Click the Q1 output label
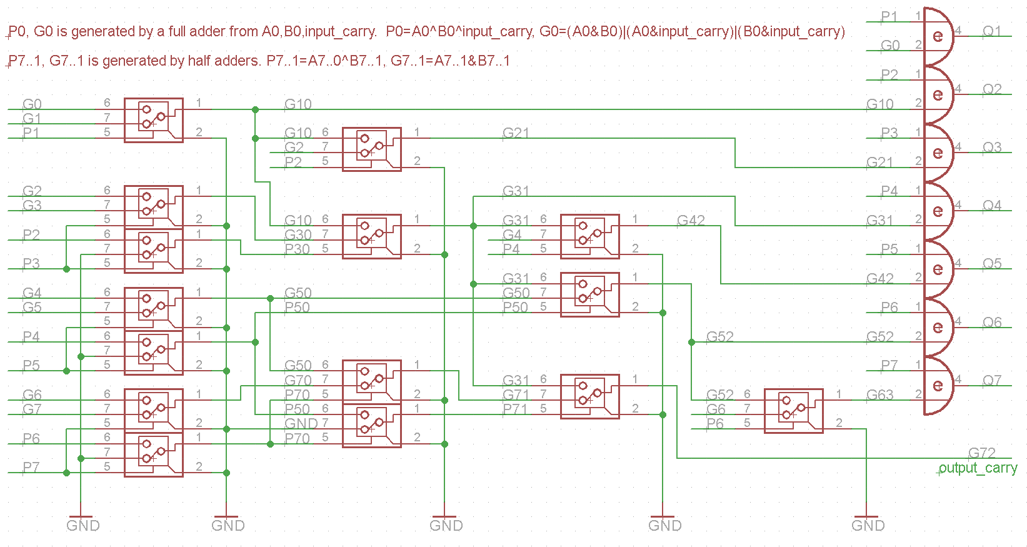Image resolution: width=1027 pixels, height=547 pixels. point(991,31)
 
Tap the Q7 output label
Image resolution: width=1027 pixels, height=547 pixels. point(991,380)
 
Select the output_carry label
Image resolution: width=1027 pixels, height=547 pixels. point(978,468)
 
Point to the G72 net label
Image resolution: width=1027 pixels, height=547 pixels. point(981,453)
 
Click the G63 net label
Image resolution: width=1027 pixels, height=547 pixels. point(879,395)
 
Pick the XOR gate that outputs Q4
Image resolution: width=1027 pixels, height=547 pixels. point(938,211)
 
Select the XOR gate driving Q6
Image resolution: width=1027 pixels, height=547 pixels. point(938,328)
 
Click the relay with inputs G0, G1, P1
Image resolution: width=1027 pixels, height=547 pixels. point(154,120)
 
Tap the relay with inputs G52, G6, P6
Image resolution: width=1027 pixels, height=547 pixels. point(793,411)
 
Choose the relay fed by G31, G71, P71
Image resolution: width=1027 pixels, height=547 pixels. point(590,396)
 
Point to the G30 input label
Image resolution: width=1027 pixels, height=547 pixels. point(298,235)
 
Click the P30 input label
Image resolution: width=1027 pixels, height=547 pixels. point(297,249)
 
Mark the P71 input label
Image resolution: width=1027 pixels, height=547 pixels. point(515,409)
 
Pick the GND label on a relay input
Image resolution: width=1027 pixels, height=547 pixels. point(301,424)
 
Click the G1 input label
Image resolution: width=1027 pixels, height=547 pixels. point(32,119)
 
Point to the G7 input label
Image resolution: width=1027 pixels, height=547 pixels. point(32,409)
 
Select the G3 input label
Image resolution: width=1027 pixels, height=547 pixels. point(32,206)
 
